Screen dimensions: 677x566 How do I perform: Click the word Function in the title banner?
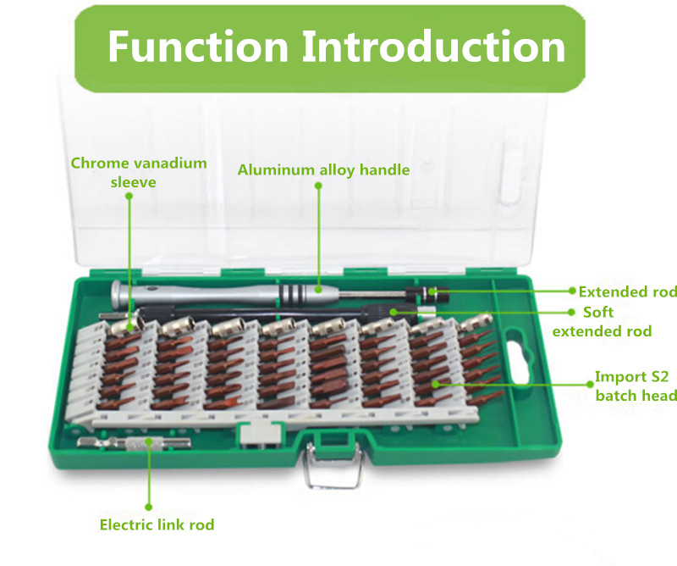pos(198,46)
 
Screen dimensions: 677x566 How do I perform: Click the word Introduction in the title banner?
pos(433,46)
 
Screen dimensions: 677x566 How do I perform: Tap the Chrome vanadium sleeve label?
pos(138,173)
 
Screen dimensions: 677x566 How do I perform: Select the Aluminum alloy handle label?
pos(323,169)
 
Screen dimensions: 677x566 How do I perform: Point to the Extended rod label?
pos(628,291)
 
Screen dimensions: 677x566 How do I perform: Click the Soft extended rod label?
pos(602,322)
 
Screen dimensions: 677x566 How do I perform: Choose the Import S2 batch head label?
pos(636,386)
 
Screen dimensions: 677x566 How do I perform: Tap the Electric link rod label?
pos(157,524)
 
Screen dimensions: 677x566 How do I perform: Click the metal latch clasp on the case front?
pos(332,466)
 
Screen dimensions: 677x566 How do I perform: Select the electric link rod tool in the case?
pos(134,443)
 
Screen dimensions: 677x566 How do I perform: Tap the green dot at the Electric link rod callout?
pos(149,507)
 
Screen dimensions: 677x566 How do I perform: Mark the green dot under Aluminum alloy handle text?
pos(318,186)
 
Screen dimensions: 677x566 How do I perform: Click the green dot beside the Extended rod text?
pos(572,291)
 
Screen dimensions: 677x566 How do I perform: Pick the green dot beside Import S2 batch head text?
pos(590,384)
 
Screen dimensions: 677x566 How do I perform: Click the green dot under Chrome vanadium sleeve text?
pos(129,196)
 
